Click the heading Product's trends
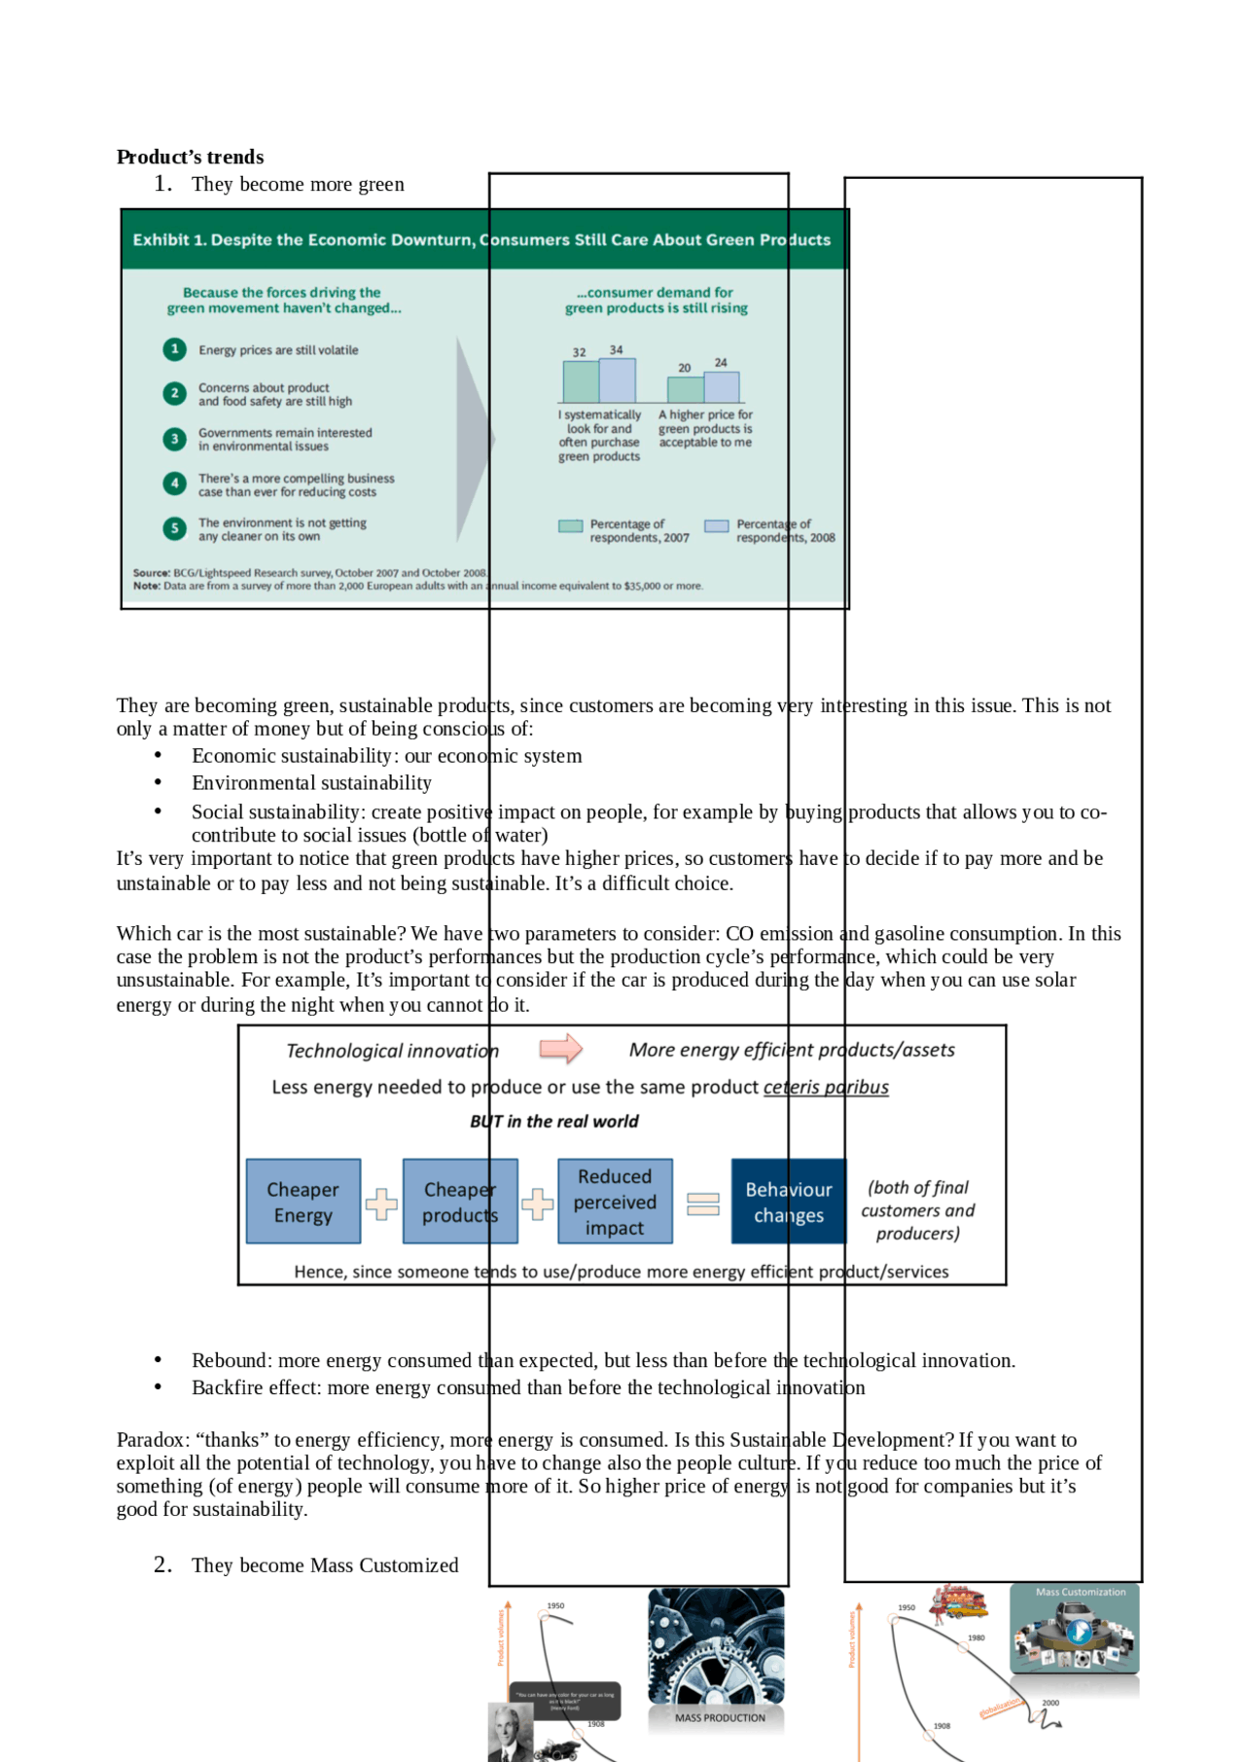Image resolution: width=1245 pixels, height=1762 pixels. tap(190, 157)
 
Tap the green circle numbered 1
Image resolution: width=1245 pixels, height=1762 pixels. tap(174, 349)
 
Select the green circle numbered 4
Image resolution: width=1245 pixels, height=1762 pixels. tap(174, 484)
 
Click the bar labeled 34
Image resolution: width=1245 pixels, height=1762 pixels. tap(617, 380)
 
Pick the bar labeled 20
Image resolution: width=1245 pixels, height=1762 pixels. tap(685, 389)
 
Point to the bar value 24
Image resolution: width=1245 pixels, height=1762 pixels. tap(721, 362)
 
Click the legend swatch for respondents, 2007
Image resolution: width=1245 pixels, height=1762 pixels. tap(570, 526)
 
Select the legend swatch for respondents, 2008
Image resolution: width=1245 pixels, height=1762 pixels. tap(716, 526)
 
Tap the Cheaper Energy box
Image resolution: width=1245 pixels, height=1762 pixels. tap(302, 1202)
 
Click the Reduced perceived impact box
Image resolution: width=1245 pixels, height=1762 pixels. tap(615, 1202)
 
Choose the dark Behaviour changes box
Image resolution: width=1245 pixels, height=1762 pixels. tap(788, 1202)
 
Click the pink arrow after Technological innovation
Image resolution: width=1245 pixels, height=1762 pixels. tap(560, 1049)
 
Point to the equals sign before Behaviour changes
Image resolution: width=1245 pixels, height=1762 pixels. tap(702, 1205)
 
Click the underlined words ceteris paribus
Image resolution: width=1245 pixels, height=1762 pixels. tap(826, 1087)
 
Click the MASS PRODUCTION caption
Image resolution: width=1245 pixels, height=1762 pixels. tap(720, 1718)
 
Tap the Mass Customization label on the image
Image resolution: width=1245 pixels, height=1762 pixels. tap(1080, 1592)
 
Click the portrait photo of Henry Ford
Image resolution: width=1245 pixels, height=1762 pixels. tap(510, 1733)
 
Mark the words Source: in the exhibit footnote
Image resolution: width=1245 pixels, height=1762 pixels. tap(152, 573)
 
